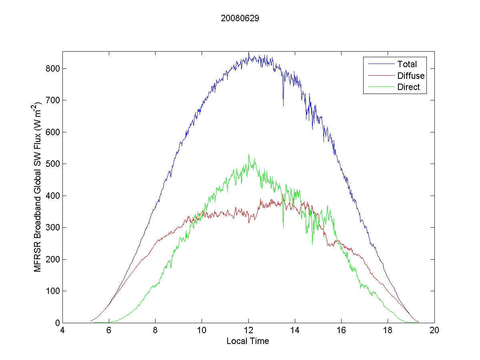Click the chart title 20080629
point(240,18)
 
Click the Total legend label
point(407,64)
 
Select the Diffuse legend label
point(411,76)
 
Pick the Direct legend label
point(408,88)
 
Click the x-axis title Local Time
point(248,341)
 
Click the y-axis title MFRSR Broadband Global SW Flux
point(38,187)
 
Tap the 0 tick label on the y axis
point(58,323)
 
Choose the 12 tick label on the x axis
point(248,330)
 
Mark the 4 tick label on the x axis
point(62,330)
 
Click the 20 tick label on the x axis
point(434,330)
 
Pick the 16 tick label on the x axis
point(341,330)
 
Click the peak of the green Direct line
point(249,154)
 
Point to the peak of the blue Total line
point(248,52)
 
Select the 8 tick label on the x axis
point(155,330)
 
